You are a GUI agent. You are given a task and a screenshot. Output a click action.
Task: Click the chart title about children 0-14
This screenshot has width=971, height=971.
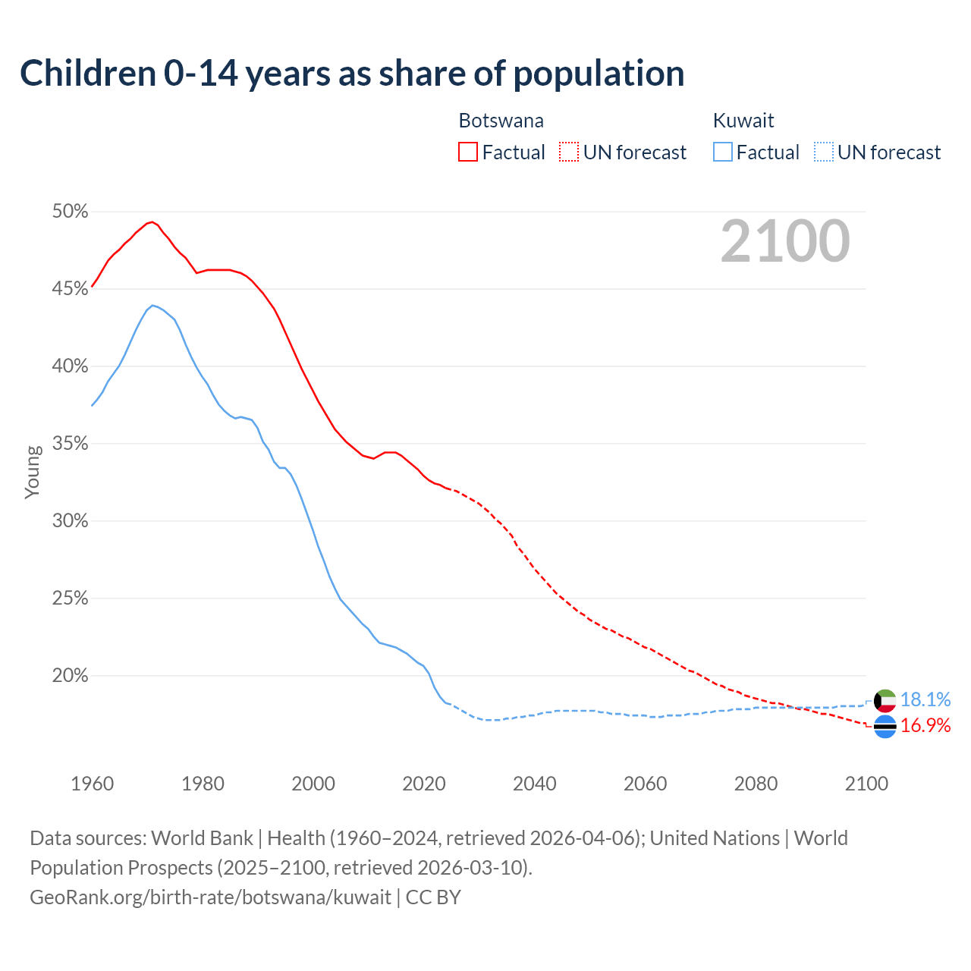coord(352,74)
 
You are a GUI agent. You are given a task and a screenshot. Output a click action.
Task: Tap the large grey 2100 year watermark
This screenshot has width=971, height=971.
coord(785,241)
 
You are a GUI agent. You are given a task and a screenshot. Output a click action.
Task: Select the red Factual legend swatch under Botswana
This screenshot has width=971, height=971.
coord(468,152)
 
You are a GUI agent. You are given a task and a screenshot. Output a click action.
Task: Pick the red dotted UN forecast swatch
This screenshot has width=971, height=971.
coord(569,152)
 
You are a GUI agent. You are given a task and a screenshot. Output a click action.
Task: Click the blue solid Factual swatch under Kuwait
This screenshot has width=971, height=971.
coord(723,152)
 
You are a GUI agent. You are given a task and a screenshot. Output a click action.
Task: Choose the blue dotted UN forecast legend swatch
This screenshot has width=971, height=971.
coord(824,152)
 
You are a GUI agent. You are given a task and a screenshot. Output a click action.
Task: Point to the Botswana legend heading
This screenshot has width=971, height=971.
coord(501,121)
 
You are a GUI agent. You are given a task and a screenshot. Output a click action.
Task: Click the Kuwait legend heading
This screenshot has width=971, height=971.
coord(743,121)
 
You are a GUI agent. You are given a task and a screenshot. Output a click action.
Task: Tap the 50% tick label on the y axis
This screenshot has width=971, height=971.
coord(70,212)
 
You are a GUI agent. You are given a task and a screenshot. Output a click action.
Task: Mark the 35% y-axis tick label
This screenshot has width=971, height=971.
coord(70,444)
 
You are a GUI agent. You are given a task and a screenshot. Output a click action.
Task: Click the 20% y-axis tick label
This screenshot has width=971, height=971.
coord(70,676)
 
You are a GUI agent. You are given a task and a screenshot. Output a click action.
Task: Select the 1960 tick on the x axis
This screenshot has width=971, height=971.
coord(92,784)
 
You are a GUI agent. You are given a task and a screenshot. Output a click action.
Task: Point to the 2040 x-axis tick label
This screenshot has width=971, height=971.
coord(534,784)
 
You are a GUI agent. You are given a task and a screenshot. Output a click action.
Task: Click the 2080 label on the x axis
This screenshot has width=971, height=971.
coord(756,784)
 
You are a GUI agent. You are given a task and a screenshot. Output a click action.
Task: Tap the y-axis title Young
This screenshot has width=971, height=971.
coord(33,472)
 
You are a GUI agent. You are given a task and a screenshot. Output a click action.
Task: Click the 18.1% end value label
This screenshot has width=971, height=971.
coord(925,699)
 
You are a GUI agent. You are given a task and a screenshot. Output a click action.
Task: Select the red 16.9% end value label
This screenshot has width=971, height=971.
coord(925,726)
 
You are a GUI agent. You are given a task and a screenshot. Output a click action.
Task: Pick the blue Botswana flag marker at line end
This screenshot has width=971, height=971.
coord(885,727)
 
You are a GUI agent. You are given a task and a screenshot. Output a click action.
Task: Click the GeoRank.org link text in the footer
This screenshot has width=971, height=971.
coord(211,897)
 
